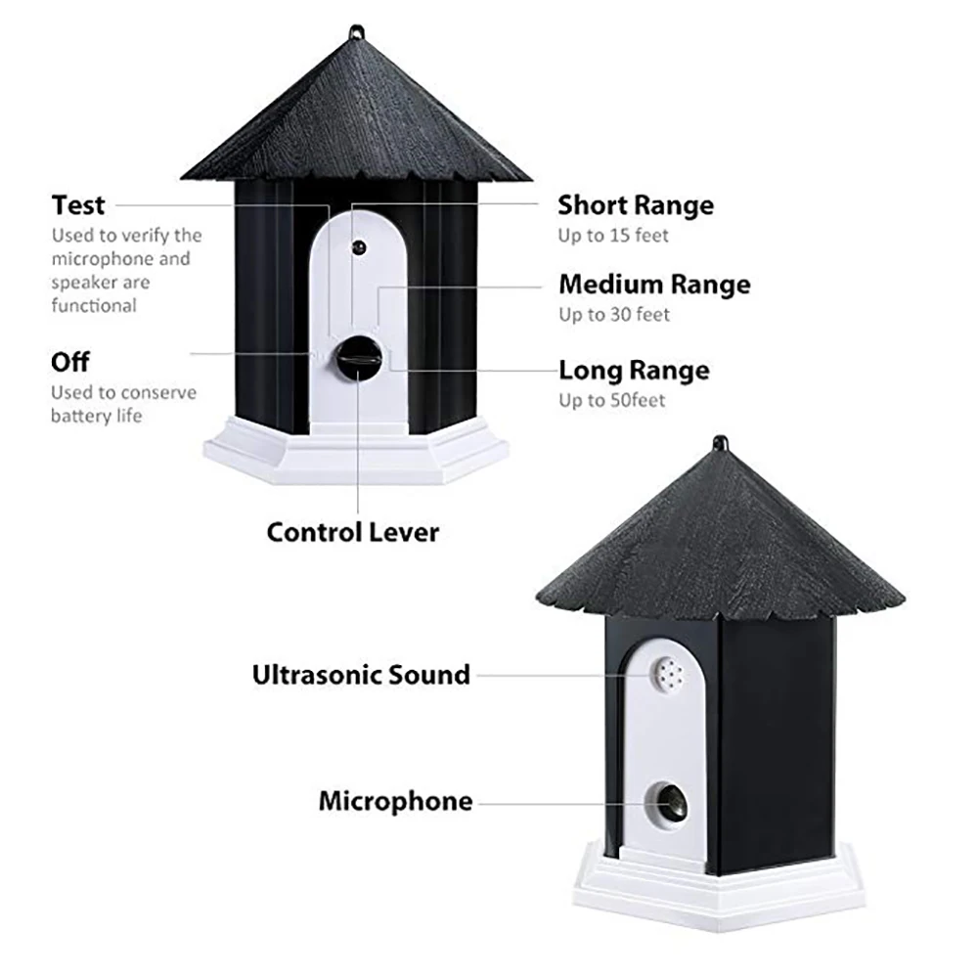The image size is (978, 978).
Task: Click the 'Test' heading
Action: [x=78, y=205]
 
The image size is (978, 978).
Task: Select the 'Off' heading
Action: [x=70, y=362]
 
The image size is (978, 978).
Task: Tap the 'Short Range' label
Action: [x=636, y=205]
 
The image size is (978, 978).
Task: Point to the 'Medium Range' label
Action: [x=654, y=285]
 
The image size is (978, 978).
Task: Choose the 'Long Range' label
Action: [x=634, y=371]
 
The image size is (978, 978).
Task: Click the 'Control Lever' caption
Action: [x=353, y=532]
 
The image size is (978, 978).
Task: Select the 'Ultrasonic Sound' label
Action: [x=361, y=675]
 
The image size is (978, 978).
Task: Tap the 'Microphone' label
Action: [x=395, y=802]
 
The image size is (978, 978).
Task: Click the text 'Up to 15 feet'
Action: [x=614, y=236]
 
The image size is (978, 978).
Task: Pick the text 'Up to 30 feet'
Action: [x=614, y=315]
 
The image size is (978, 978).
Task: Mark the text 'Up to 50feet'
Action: [x=611, y=401]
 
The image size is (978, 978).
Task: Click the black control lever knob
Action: [x=357, y=359]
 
